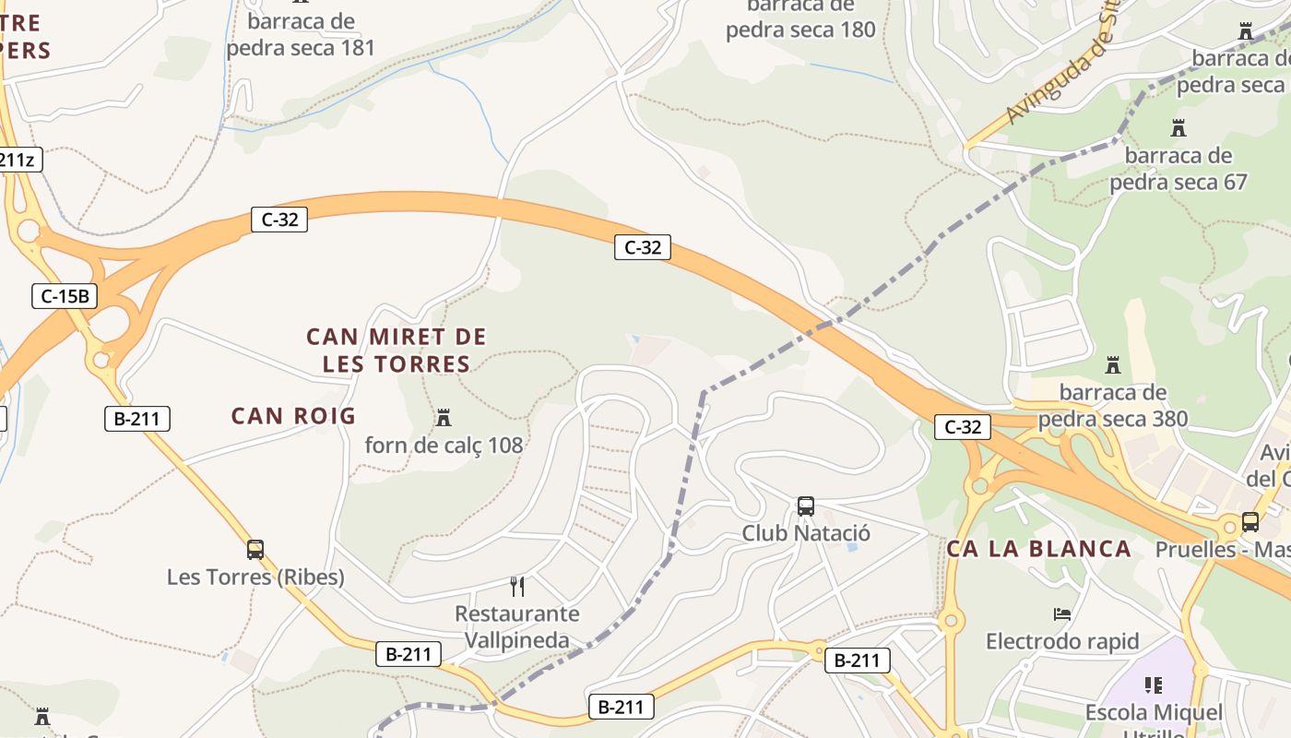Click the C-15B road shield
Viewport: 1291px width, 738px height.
tap(65, 296)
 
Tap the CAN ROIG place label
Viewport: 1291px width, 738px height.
tap(293, 416)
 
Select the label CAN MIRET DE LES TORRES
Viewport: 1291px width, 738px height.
tap(397, 351)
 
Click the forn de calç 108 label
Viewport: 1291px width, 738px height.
tap(444, 446)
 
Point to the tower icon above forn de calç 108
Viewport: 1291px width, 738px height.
tap(444, 418)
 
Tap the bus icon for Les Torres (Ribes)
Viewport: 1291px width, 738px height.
tap(255, 550)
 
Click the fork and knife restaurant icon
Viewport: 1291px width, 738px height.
tap(517, 586)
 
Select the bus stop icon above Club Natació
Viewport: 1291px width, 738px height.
tap(806, 506)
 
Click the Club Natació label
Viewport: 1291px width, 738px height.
tap(806, 533)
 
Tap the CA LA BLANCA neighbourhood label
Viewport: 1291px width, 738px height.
tap(1038, 549)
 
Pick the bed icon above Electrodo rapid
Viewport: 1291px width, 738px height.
tap(1062, 613)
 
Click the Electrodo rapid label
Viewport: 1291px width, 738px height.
tap(1062, 641)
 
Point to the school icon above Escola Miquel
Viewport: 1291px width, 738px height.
tap(1153, 685)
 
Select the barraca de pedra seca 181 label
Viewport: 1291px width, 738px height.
tap(301, 34)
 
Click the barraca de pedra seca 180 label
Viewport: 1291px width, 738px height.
tap(800, 18)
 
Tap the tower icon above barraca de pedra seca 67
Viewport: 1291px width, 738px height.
tap(1178, 127)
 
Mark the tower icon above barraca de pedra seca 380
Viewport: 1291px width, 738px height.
tap(1113, 364)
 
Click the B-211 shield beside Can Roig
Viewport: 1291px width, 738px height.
tap(136, 419)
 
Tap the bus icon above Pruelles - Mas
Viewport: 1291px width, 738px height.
tap(1250, 522)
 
